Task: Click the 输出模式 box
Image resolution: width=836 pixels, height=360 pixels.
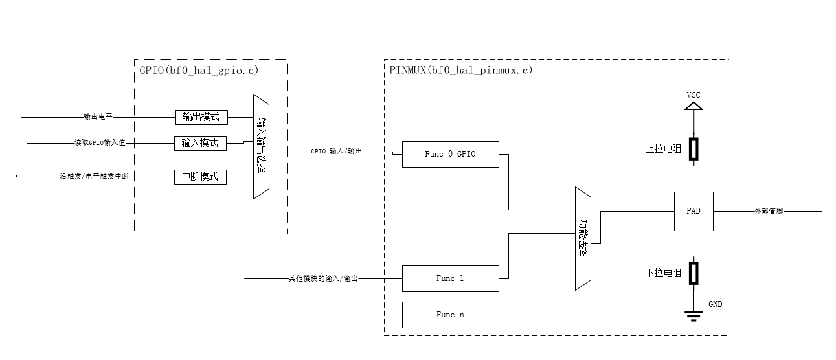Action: [201, 117]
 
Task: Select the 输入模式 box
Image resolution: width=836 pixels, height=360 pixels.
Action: [201, 142]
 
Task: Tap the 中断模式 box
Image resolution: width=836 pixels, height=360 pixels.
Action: [200, 176]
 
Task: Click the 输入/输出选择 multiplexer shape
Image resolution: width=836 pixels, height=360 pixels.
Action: [261, 148]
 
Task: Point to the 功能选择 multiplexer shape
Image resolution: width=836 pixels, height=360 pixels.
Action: [583, 239]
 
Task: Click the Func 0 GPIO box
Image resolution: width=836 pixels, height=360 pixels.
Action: [451, 154]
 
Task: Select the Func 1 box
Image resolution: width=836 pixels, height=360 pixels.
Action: [451, 278]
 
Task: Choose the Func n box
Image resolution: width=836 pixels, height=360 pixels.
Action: [451, 315]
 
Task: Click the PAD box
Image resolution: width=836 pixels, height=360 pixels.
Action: [694, 211]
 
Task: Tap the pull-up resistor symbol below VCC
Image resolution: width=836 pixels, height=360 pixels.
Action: [694, 148]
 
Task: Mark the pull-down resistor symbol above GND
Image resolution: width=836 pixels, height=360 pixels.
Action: [694, 273]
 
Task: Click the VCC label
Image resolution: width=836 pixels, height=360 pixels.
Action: [694, 95]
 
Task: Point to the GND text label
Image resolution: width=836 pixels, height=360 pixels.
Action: [715, 304]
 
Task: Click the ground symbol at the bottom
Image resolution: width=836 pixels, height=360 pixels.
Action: [694, 316]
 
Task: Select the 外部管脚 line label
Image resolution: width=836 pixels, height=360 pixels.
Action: [768, 211]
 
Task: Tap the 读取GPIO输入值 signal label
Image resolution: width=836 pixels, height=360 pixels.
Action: [99, 143]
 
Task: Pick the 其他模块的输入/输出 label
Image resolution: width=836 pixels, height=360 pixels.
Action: [322, 278]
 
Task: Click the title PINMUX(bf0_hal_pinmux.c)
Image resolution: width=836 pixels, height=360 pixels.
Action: [461, 70]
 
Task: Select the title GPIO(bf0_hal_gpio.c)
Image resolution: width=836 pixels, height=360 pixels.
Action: [199, 70]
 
